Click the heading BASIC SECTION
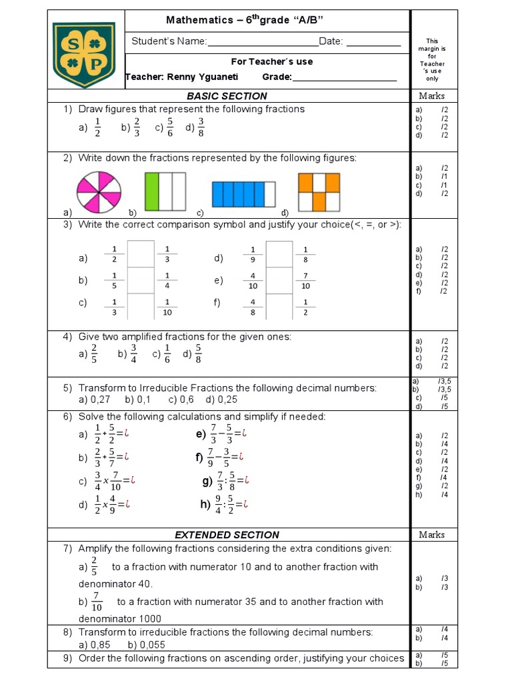pos(227,96)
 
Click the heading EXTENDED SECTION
pos(227,535)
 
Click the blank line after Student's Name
pos(263,42)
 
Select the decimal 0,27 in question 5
pos(102,400)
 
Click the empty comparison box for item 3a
pos(141,254)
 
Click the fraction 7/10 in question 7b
pos(97,602)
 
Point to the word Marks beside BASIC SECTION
pos(432,96)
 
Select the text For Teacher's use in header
pos(267,61)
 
